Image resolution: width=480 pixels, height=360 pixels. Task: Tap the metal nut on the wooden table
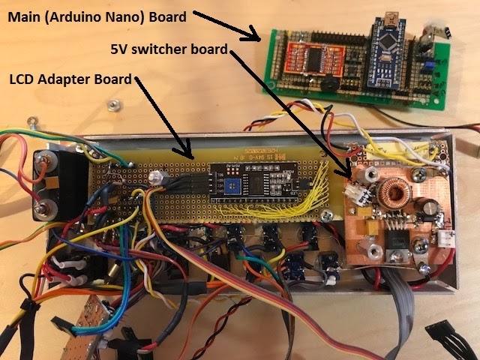113,103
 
